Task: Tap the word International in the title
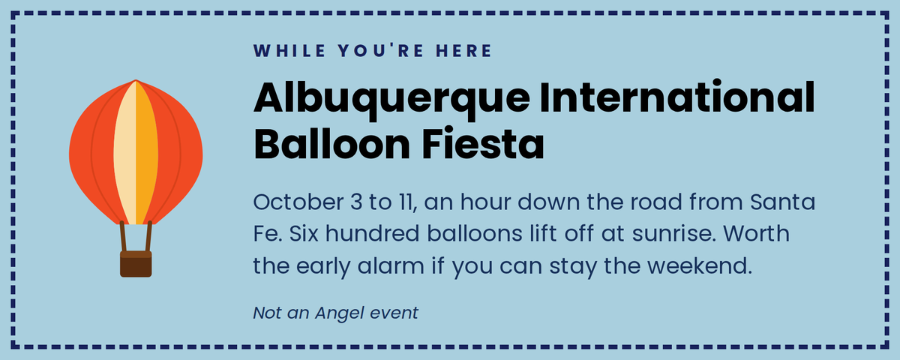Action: coord(677,97)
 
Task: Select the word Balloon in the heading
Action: coord(331,144)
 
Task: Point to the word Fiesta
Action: coord(482,144)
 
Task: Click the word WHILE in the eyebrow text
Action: coord(289,51)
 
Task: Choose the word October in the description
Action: coord(298,202)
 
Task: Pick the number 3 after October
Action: coord(356,202)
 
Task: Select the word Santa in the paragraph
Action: coord(783,202)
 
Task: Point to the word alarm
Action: coord(391,265)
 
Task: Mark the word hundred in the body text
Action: coord(373,233)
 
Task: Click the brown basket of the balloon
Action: coord(136,264)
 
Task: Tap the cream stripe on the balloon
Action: coord(125,153)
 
